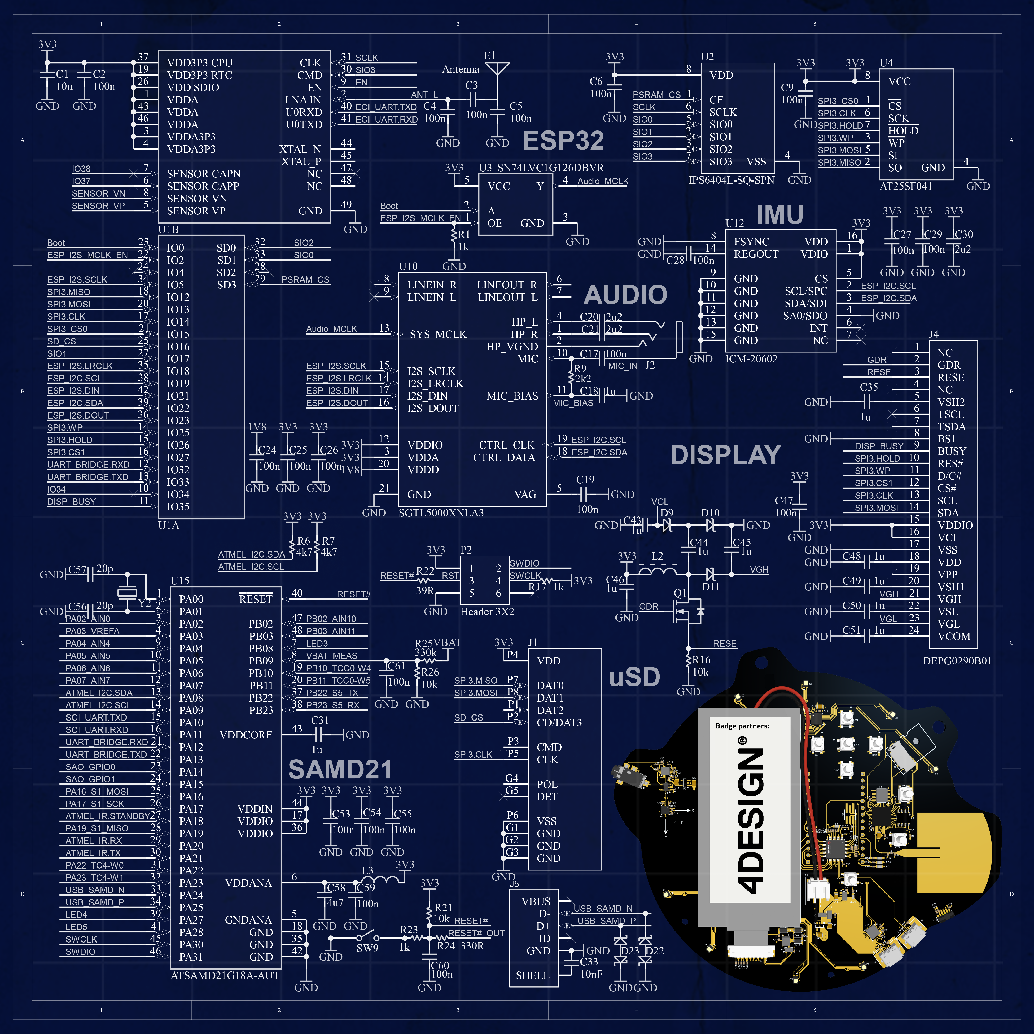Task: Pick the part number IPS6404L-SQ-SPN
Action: coord(731,180)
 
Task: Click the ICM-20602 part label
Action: coord(751,358)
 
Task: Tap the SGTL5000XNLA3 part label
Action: coord(441,513)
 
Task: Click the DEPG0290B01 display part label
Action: coord(957,661)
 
